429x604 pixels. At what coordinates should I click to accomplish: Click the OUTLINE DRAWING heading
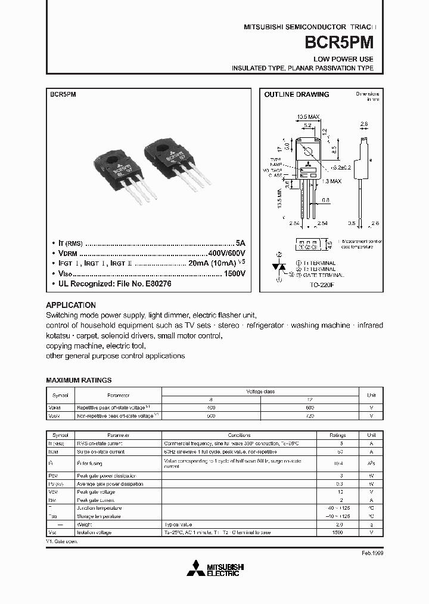[x=296, y=95]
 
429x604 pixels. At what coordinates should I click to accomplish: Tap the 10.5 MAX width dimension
[x=308, y=117]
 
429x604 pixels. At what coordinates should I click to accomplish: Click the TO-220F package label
[x=322, y=285]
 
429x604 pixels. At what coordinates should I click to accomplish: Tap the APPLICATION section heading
[x=70, y=304]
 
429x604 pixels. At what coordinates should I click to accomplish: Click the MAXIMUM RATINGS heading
[x=79, y=380]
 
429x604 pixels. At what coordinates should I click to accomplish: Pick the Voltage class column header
[x=260, y=392]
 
